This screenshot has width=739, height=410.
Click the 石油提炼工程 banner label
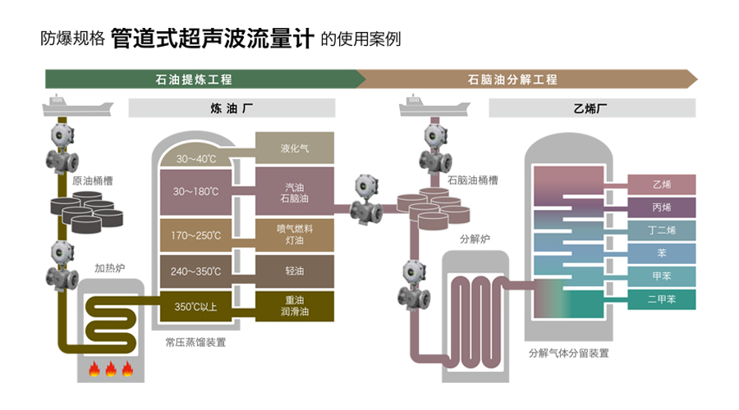point(194,80)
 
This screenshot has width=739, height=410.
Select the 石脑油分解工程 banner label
point(512,80)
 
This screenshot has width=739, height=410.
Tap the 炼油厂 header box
point(232,107)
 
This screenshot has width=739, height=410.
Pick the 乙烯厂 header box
point(592,107)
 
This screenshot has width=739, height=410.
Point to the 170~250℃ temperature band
point(195,235)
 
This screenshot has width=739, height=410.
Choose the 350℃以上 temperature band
point(195,307)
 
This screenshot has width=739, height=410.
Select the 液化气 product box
point(294,148)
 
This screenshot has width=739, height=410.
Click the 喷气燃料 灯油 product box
point(294,235)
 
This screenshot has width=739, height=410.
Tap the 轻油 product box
point(294,271)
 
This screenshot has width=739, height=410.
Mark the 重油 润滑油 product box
point(294,307)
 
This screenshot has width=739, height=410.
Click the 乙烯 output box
point(662,184)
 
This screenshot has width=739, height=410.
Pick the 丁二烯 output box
point(662,230)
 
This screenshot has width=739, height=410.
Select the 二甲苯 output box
point(662,299)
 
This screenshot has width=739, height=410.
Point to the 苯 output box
point(662,253)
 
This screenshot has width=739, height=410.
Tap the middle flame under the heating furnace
point(109,370)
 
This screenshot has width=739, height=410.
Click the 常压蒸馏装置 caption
point(195,342)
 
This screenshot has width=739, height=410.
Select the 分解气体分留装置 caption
point(568,353)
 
